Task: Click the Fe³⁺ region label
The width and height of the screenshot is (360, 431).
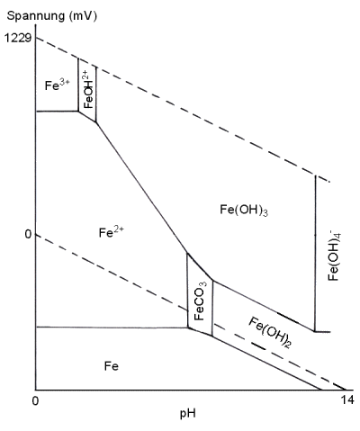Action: (x=57, y=85)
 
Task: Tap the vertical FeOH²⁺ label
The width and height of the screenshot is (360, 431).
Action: (x=89, y=89)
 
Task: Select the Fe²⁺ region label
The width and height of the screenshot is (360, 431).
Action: (x=112, y=232)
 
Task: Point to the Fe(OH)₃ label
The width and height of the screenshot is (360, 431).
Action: (x=244, y=210)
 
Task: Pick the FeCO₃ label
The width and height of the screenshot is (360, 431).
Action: (x=200, y=301)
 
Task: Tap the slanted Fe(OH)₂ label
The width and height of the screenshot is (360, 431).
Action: (x=270, y=332)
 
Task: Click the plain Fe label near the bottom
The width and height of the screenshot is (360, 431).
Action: (x=112, y=366)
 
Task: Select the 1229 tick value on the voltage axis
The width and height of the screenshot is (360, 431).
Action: (x=17, y=38)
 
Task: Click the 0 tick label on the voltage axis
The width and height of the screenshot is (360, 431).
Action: (x=28, y=234)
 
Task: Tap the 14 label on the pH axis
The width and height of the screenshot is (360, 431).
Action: (x=347, y=400)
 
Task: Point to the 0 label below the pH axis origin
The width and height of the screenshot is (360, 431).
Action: (x=35, y=400)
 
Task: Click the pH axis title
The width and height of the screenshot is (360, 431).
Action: (x=188, y=414)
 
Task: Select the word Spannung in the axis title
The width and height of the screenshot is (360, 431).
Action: (x=36, y=16)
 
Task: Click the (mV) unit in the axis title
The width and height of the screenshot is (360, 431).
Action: (x=83, y=16)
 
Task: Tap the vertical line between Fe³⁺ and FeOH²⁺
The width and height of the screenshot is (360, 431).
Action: (x=78, y=85)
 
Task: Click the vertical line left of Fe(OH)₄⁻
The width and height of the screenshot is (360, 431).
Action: (x=315, y=253)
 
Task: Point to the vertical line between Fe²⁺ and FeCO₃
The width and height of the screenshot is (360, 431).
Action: (x=187, y=291)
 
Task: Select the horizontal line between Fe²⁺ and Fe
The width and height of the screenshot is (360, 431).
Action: (x=112, y=327)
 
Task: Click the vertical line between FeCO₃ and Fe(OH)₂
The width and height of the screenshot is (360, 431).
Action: (x=212, y=308)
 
